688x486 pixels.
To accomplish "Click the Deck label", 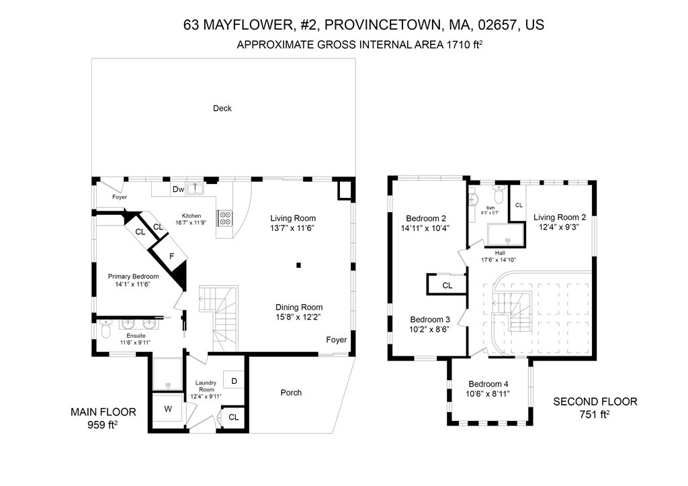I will (x=222, y=108).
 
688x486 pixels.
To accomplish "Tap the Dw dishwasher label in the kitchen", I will (x=178, y=189).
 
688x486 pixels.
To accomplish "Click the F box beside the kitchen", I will (x=171, y=256).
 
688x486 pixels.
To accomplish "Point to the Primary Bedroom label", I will (x=133, y=276).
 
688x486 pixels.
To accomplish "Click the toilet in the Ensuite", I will (x=105, y=328).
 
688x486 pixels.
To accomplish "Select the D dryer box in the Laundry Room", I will (x=234, y=381).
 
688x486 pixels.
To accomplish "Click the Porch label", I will (x=291, y=393).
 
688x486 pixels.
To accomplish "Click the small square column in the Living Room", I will (x=299, y=264).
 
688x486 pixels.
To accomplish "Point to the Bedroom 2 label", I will (x=426, y=218).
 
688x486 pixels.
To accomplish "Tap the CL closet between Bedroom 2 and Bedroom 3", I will (x=447, y=285).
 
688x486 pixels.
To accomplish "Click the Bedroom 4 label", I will (x=488, y=384).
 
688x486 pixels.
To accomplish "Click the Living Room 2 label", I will (x=560, y=217).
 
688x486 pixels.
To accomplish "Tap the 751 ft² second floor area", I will (x=595, y=414).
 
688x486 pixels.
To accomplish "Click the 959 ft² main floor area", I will (x=103, y=424).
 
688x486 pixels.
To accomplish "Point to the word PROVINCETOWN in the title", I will (x=380, y=25).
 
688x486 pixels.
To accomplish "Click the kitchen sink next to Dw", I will (x=196, y=189).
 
